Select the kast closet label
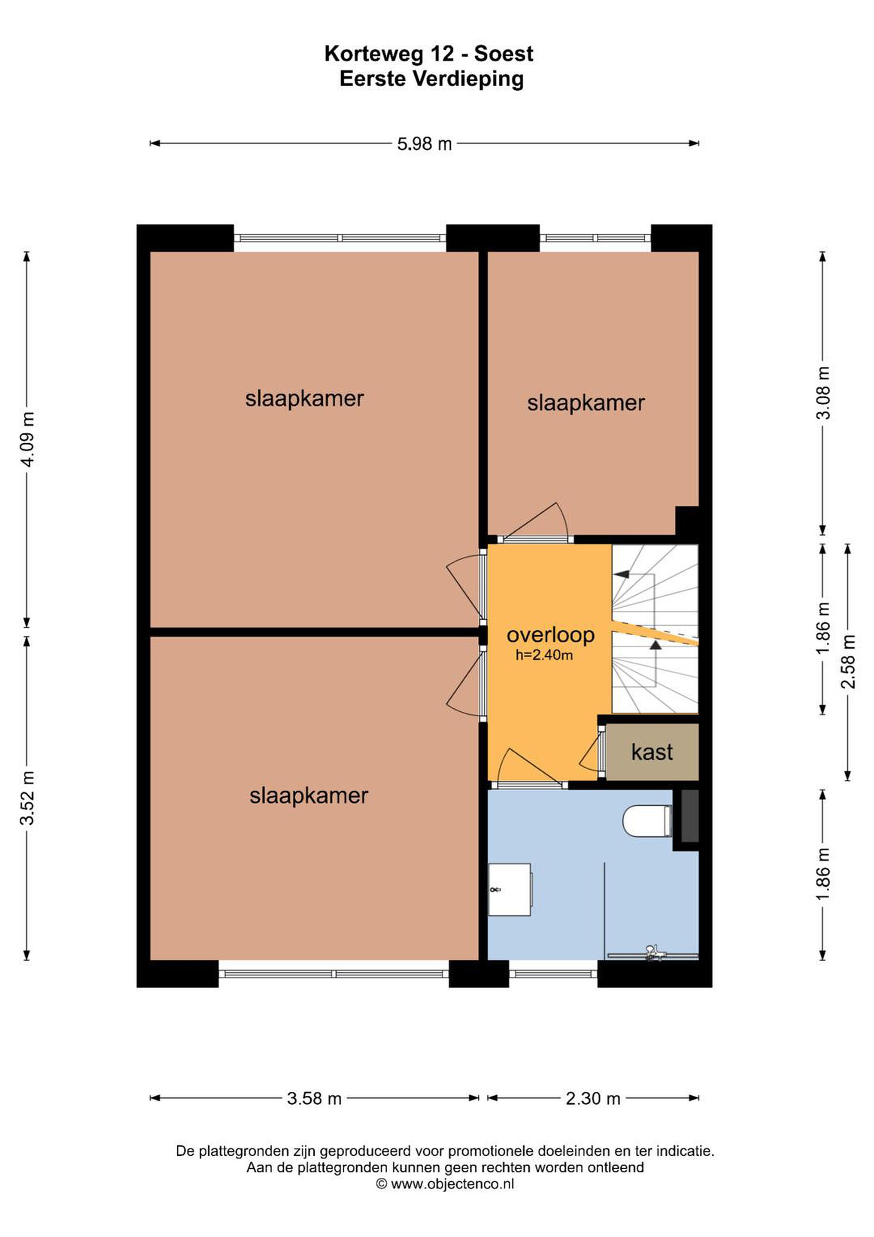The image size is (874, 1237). [652, 752]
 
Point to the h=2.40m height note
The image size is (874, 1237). [544, 655]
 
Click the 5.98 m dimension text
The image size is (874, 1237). [425, 144]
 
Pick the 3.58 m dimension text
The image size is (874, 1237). [314, 1098]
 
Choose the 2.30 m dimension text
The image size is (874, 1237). [593, 1098]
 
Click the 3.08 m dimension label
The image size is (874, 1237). [823, 393]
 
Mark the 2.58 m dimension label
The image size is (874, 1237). [848, 661]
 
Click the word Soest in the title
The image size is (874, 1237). [504, 54]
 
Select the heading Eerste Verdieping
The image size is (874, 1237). [431, 79]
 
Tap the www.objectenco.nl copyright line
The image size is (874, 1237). [445, 1184]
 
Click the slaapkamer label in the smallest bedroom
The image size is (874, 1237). [586, 403]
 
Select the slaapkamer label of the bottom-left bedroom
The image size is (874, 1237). [309, 796]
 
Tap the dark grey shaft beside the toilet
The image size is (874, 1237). [690, 816]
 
